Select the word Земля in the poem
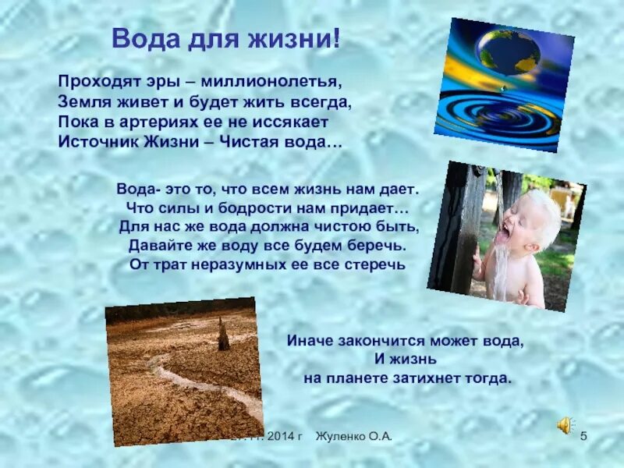[x=82, y=101]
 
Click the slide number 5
[x=583, y=436]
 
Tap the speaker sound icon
[x=565, y=425]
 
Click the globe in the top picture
[x=508, y=54]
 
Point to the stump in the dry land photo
[x=223, y=335]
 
